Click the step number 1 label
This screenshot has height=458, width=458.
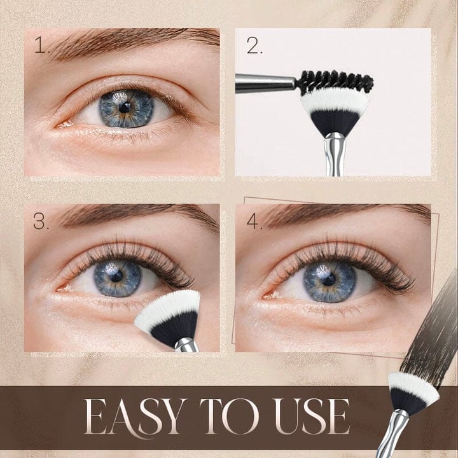(x=41, y=46)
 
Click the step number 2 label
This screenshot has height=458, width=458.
(x=254, y=46)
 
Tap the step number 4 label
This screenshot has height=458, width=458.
(x=254, y=222)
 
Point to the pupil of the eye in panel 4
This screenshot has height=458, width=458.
(x=328, y=279)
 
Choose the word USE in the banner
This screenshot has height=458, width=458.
(x=310, y=418)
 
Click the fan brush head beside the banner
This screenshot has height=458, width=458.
(x=414, y=394)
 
